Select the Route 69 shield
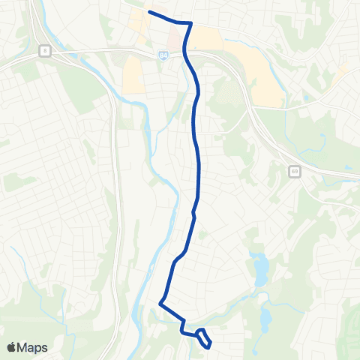pos(292,171)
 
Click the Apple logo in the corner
pos(13,347)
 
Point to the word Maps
pos(32,347)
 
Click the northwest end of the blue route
pos(150,12)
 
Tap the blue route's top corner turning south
pos(191,24)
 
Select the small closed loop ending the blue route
pos(204,338)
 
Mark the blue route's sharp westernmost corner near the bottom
pos(160,303)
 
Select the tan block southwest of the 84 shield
pos(133,75)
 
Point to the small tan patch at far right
pos(343,71)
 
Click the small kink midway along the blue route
pos(193,213)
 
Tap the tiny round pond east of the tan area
pos(306,98)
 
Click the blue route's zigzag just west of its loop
pos(183,326)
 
